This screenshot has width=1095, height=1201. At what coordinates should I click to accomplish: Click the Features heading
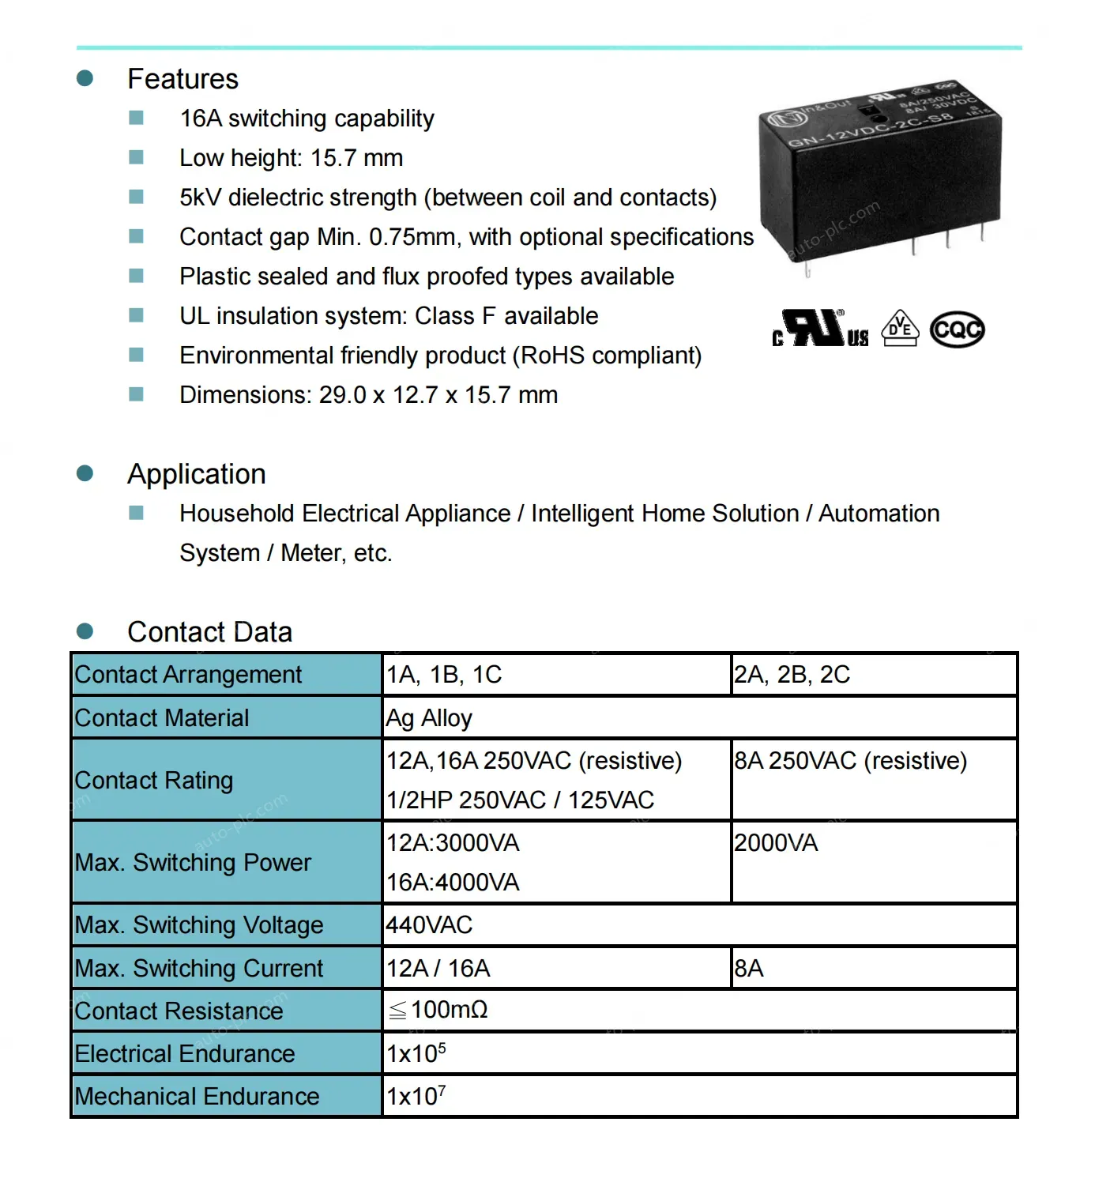pyautogui.click(x=182, y=79)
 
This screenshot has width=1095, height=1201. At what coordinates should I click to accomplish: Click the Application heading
pyautogui.click(x=197, y=474)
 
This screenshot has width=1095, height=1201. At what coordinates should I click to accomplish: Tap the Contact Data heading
pyautogui.click(x=209, y=632)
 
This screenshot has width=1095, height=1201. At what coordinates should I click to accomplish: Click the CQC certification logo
pyautogui.click(x=957, y=329)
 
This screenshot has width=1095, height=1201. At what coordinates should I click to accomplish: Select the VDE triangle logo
pyautogui.click(x=901, y=328)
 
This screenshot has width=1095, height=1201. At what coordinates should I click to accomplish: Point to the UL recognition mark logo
pyautogui.click(x=820, y=328)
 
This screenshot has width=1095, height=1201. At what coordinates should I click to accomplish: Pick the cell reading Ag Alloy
pyautogui.click(x=429, y=718)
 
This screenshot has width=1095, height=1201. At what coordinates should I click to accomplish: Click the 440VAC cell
pyautogui.click(x=429, y=925)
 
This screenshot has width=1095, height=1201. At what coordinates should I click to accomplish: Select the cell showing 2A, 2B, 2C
pyautogui.click(x=792, y=675)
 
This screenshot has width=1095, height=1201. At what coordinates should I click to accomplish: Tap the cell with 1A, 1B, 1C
pyautogui.click(x=444, y=675)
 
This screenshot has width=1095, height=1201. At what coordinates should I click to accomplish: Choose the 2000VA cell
pyautogui.click(x=776, y=843)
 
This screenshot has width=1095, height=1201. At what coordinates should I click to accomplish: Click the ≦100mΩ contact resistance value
pyautogui.click(x=438, y=1010)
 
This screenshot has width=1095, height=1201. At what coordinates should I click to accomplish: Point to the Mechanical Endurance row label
pyautogui.click(x=197, y=1097)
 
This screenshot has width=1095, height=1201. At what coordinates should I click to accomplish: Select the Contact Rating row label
pyautogui.click(x=154, y=781)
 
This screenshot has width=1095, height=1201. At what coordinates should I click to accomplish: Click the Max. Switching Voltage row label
pyautogui.click(x=199, y=925)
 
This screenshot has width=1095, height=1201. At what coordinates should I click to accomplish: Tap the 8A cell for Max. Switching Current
pyautogui.click(x=749, y=969)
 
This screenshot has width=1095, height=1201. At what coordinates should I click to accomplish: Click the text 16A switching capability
pyautogui.click(x=307, y=119)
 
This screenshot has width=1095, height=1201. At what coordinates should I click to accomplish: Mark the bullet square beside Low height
pyautogui.click(x=136, y=157)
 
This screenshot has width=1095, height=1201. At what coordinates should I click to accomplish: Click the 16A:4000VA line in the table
pyautogui.click(x=453, y=883)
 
